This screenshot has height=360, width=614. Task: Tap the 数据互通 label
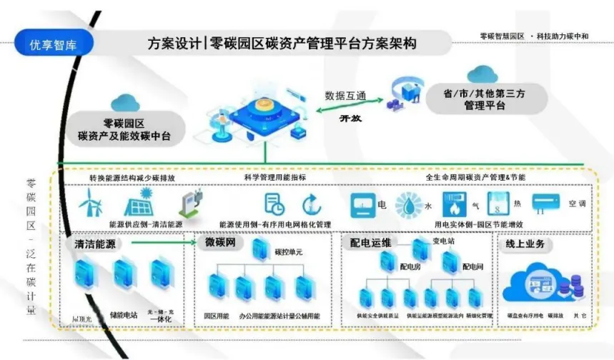pos(345,95)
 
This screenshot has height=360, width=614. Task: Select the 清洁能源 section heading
pos(95,244)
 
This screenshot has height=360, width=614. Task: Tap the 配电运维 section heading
pos(370,243)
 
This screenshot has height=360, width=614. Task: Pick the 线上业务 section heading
pos(525,244)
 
